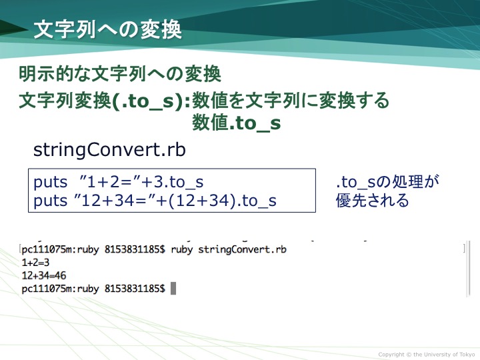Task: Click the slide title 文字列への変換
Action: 108,30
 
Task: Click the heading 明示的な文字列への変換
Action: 120,74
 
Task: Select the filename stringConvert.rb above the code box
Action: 109,150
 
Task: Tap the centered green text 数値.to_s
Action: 236,123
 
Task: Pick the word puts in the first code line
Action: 50,183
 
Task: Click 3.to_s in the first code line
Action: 178,182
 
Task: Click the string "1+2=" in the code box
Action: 109,182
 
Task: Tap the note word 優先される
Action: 372,201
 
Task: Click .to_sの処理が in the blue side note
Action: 387,182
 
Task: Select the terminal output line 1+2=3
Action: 35,263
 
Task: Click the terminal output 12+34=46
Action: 44,275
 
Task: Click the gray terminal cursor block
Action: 173,289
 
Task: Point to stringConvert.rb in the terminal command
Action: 242,249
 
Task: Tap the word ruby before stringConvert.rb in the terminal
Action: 181,250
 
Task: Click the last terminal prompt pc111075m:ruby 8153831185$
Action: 93,289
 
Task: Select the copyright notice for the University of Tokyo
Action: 427,355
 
